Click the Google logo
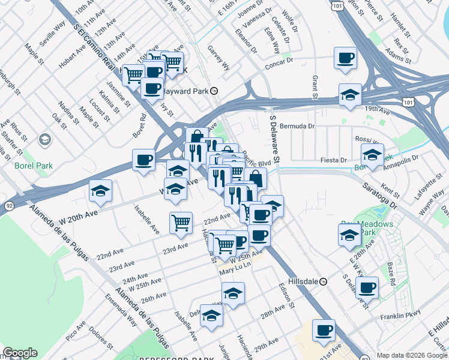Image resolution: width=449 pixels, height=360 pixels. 20,353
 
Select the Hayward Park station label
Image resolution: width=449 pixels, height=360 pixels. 186,91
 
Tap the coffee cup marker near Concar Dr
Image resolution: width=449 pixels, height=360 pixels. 345,58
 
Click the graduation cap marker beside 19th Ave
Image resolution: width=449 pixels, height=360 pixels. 350,94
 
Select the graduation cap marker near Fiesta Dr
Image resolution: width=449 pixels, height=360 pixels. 373,155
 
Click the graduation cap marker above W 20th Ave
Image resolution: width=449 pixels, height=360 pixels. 100,191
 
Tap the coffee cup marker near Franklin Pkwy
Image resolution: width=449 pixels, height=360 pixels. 367,287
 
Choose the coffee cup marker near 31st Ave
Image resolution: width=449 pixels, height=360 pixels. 324,330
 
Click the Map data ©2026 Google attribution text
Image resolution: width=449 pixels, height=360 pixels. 412,355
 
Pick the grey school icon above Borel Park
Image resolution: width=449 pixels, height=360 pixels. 44,140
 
